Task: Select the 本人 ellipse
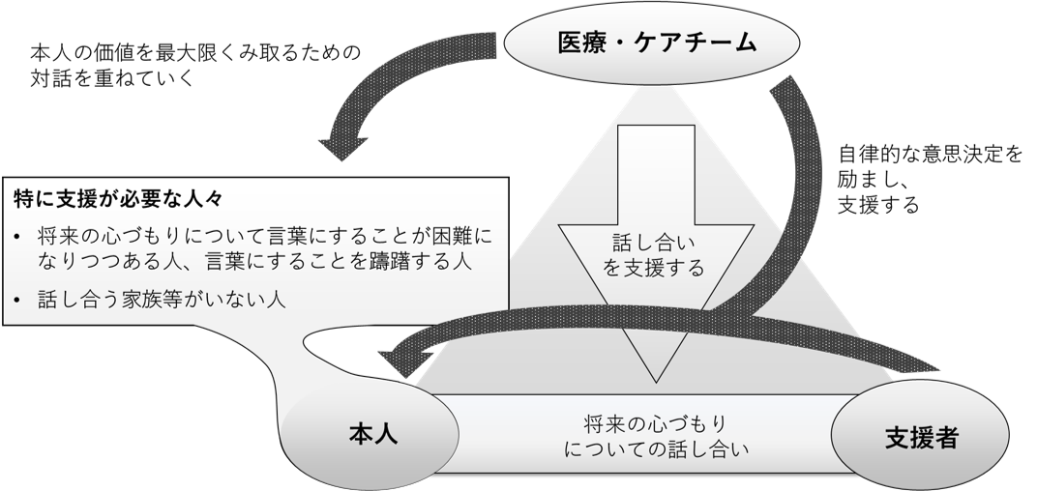tap(372, 436)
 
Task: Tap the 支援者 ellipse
tap(920, 437)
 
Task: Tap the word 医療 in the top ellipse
tap(581, 44)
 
